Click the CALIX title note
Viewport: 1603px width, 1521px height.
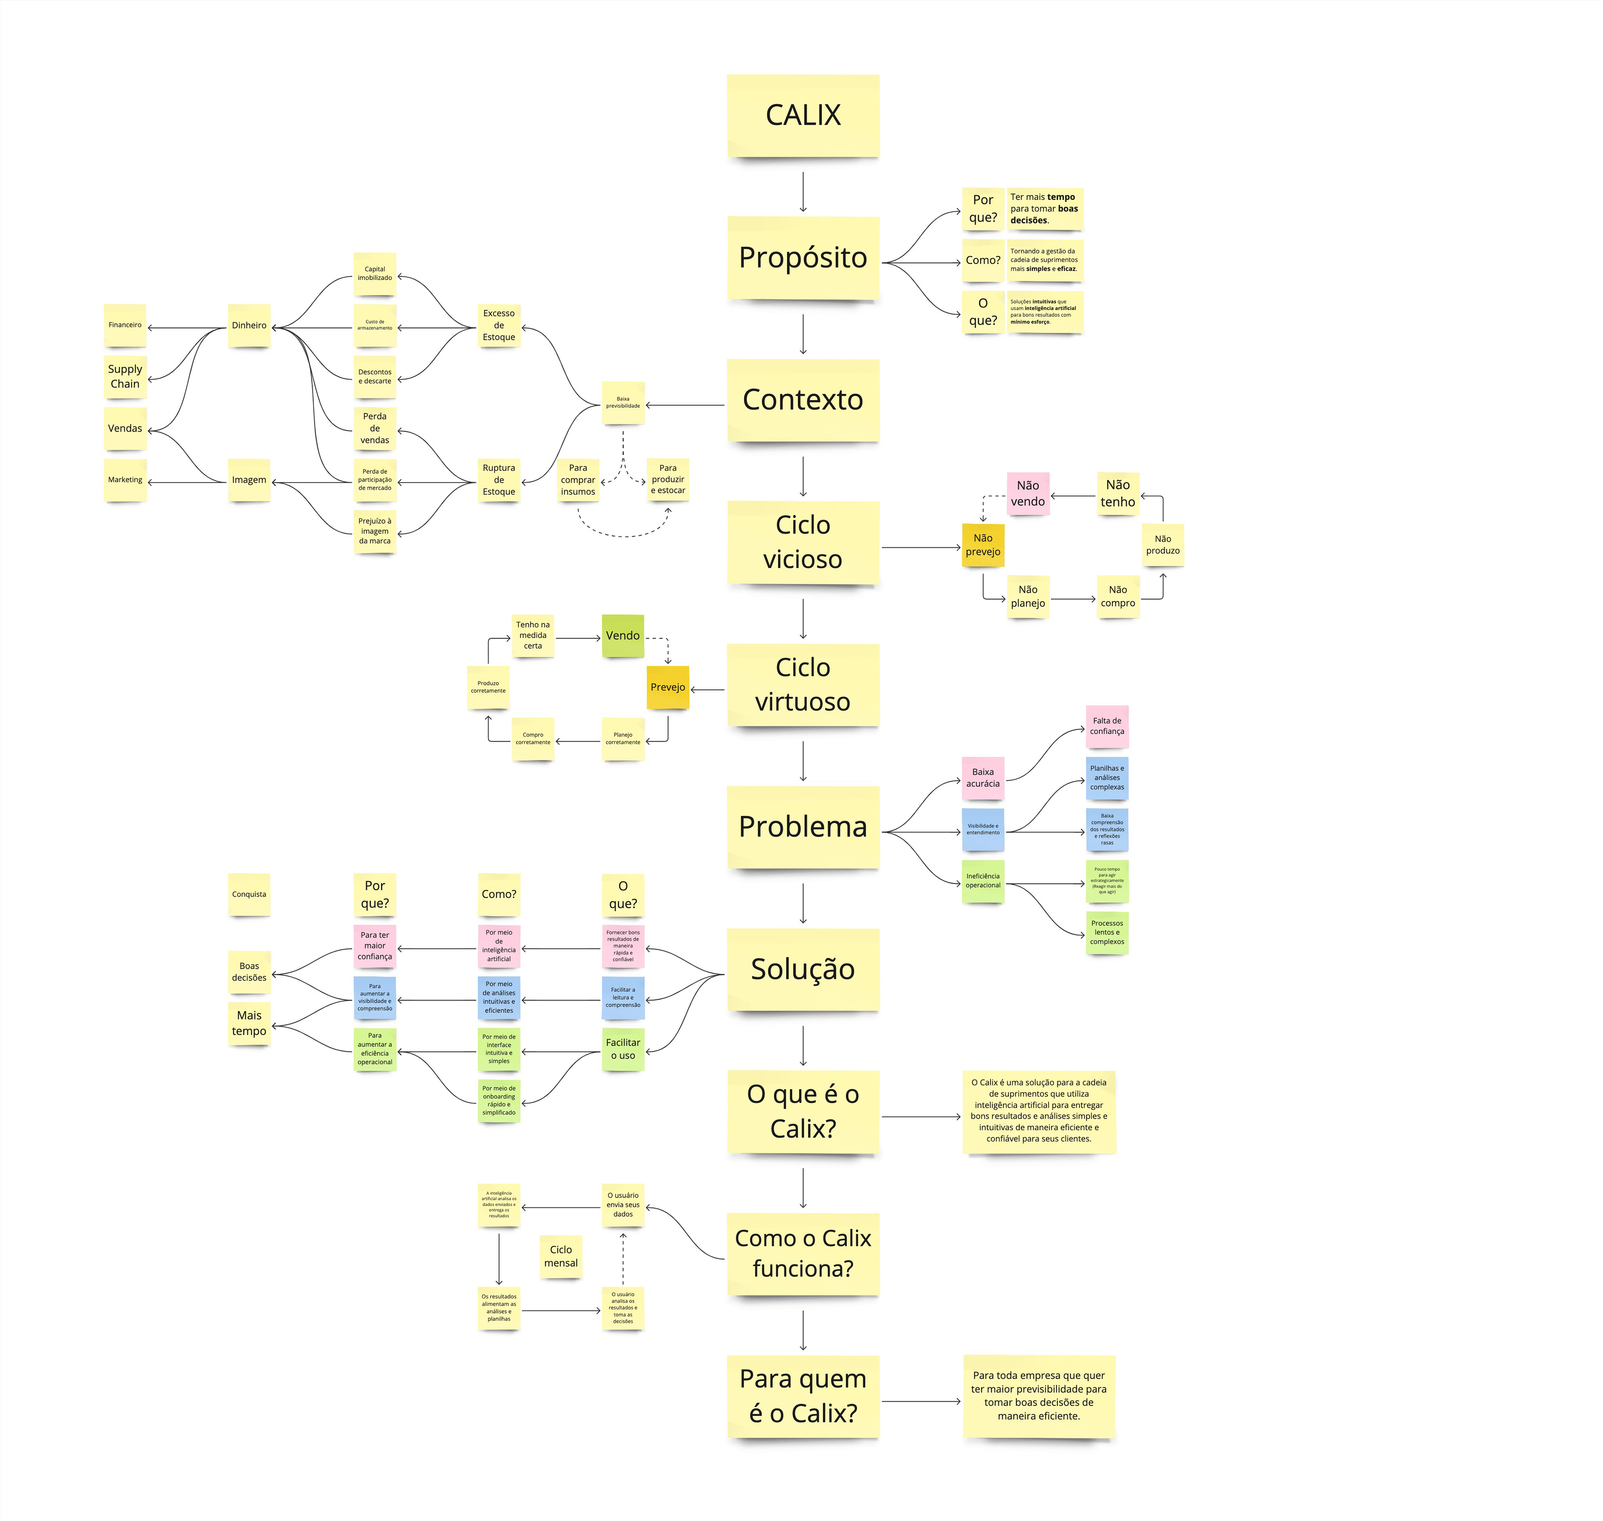pos(803,115)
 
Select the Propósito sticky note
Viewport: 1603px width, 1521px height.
pos(803,258)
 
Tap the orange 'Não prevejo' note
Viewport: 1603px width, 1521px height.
pos(983,545)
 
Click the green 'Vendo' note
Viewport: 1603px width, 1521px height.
pos(623,636)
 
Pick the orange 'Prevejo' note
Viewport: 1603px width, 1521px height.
pos(667,687)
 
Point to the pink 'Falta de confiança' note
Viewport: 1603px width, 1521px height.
pos(1107,725)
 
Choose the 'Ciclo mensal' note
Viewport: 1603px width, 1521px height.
pos(561,1256)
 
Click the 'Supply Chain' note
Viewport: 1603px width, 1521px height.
pos(125,376)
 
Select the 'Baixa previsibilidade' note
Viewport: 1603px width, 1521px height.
pos(623,402)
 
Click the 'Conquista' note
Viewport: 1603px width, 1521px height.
pos(249,894)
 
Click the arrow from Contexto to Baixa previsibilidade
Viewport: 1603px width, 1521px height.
pos(685,404)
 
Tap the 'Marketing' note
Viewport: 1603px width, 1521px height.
pos(125,480)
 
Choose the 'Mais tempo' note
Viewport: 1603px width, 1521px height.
pos(249,1023)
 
